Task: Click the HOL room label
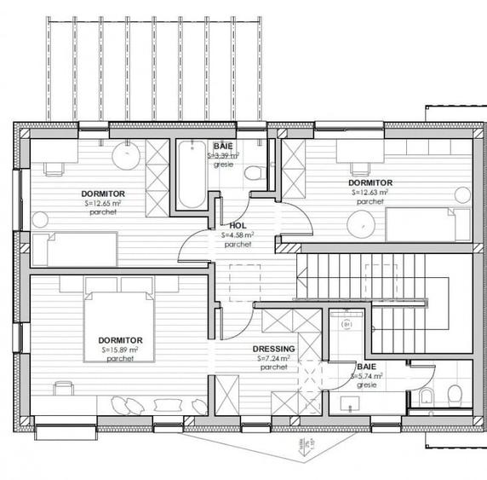238,226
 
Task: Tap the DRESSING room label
274,350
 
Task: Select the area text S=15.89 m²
120,350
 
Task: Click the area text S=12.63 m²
370,193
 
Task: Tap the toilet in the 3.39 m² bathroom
253,173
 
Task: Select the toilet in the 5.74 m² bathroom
454,395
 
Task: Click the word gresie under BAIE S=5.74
368,385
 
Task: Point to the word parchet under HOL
238,244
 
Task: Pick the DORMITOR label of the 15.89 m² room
120,340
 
